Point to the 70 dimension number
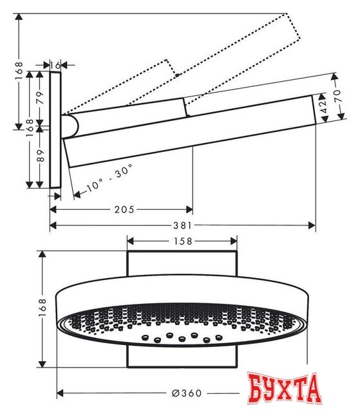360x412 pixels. pyautogui.click(x=336, y=95)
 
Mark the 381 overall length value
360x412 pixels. pyautogui.click(x=182, y=225)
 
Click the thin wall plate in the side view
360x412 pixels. pyautogui.click(x=56, y=129)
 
